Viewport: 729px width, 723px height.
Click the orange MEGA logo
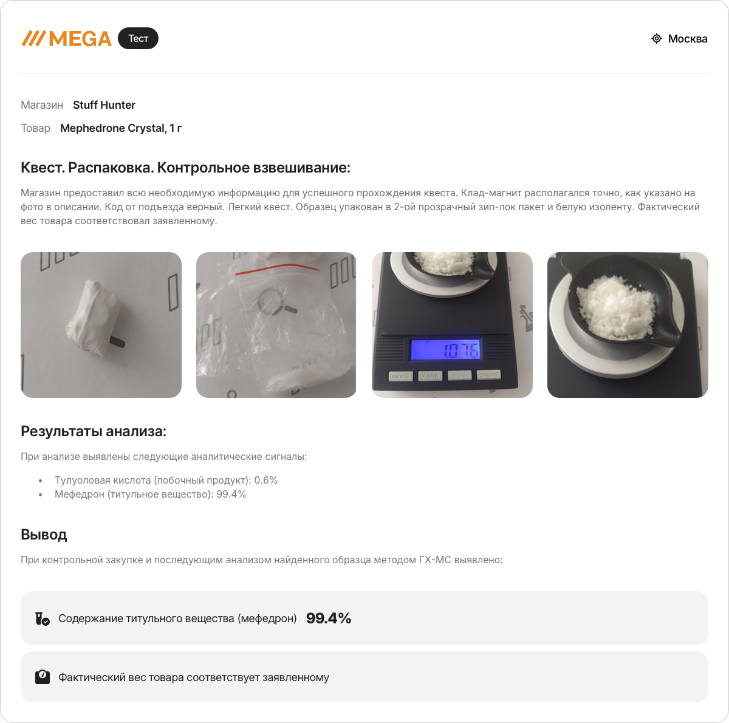(67, 39)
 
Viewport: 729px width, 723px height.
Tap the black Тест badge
(138, 38)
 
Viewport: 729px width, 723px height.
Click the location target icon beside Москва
(656, 39)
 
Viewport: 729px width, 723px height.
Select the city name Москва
(687, 39)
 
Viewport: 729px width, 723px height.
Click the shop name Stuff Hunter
(104, 105)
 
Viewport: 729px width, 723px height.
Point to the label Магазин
(42, 105)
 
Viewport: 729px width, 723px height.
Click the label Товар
(35, 128)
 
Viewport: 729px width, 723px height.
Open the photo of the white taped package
(101, 325)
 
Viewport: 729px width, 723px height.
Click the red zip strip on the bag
(277, 269)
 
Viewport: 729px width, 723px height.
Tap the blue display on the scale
(445, 349)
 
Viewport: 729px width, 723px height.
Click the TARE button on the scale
(430, 376)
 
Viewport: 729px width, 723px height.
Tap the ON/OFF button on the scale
(488, 375)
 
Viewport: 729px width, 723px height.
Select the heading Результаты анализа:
(94, 431)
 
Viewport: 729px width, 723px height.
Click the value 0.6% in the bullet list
(265, 480)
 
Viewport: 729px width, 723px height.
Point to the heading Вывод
(44, 535)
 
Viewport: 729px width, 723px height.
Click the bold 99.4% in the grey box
(329, 618)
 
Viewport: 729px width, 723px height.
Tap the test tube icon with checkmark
(43, 618)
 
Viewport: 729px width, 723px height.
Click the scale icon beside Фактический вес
(43, 677)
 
